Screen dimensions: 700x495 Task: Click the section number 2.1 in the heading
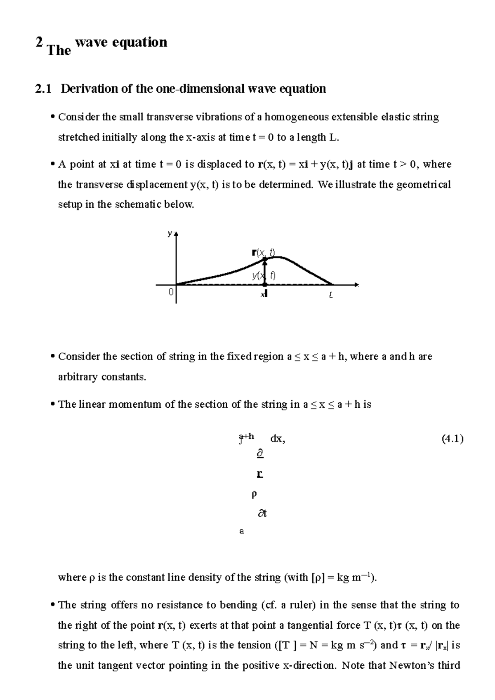tap(43, 89)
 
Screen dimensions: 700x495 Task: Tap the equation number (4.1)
tap(452, 439)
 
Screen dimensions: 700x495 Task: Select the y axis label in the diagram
tap(170, 233)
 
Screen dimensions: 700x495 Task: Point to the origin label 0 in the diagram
tap(170, 292)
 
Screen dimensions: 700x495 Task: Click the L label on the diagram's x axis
tap(331, 295)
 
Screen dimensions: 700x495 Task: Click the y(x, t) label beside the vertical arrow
tap(264, 276)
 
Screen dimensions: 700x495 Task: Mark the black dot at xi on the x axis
tap(265, 284)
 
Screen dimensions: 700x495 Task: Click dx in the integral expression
tap(277, 439)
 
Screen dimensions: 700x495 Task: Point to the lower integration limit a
tap(242, 531)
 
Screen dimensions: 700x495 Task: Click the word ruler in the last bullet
tap(299, 605)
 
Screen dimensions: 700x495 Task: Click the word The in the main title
tap(59, 51)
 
